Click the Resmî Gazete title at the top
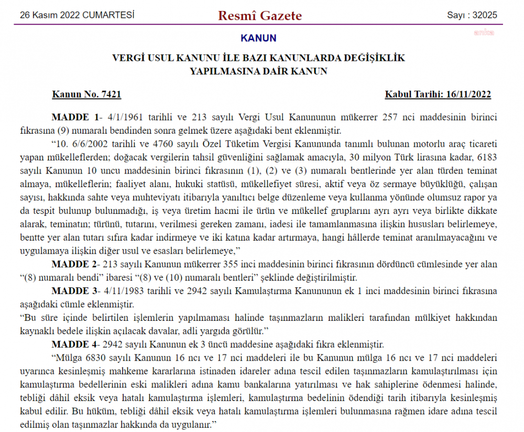coord(260,16)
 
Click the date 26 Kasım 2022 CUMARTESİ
coord(77,15)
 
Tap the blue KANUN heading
coord(258,38)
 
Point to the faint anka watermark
coord(484,33)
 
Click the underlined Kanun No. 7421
coord(86,94)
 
